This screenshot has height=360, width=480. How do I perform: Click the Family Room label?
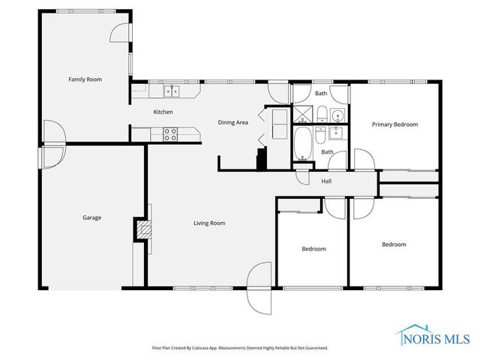pos(85,79)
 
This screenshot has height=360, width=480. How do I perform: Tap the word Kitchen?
pos(163,112)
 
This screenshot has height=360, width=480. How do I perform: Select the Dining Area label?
pos(232,122)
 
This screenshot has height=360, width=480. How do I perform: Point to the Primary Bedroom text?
pos(394,124)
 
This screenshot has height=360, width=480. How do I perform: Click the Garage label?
pos(91,217)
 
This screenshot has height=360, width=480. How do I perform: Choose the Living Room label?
pos(209,223)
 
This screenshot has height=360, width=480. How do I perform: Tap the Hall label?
pos(326,181)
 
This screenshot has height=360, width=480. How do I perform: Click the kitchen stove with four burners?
pos(170,134)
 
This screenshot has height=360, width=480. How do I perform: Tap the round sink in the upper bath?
pos(337,115)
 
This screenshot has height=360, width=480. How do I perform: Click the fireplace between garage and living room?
pos(141,229)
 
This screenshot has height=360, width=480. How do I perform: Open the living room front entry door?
pos(259,287)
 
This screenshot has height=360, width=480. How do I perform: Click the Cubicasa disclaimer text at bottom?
pos(240,348)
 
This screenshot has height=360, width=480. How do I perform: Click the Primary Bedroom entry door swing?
pos(362,160)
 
